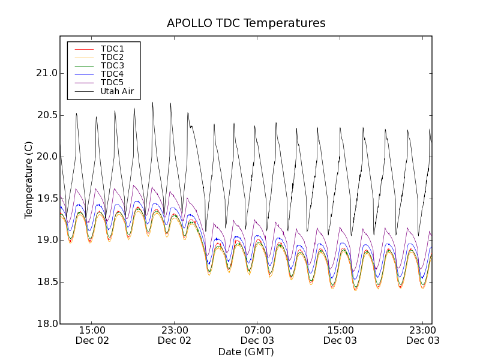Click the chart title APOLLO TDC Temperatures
pyautogui.click(x=246, y=23)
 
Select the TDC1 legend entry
pyautogui.click(x=112, y=49)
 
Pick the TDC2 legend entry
pyautogui.click(x=112, y=57)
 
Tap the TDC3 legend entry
pyautogui.click(x=112, y=65)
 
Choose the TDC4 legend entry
pyautogui.click(x=112, y=74)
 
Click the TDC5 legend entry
pyautogui.click(x=112, y=82)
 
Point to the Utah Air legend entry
pyautogui.click(x=117, y=91)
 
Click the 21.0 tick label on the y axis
pyautogui.click(x=46, y=73)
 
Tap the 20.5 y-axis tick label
pyautogui.click(x=46, y=115)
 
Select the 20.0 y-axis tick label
pyautogui.click(x=46, y=157)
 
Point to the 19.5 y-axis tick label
pyautogui.click(x=46, y=199)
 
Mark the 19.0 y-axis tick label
pyautogui.click(x=46, y=240)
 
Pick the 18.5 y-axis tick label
pyautogui.click(x=46, y=282)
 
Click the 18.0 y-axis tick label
pyautogui.click(x=46, y=324)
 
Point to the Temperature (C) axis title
pyautogui.click(x=29, y=180)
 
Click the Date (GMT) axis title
pyautogui.click(x=246, y=352)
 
